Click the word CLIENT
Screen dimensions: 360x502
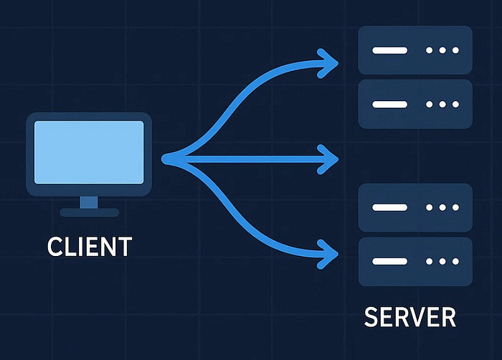click(90, 246)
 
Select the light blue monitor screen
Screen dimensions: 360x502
click(90, 148)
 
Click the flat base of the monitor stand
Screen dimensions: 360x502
click(89, 212)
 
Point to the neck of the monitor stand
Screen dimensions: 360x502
click(89, 202)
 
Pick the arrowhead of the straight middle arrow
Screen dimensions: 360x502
click(331, 158)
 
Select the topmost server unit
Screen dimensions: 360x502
click(415, 50)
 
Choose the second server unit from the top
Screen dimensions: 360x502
click(415, 104)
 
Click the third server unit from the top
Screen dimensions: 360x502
click(415, 207)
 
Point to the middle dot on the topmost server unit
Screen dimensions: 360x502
click(441, 51)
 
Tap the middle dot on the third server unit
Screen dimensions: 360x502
click(441, 207)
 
